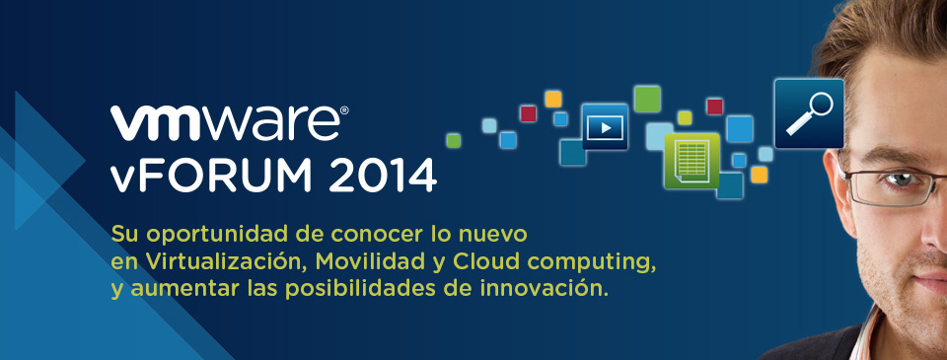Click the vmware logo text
pos(225,124)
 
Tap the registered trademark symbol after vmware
pos(344,110)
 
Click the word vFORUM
pos(211,176)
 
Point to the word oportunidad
pos(213,235)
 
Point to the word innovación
pos(545,289)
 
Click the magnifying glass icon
pos(809,113)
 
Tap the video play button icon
pos(605,127)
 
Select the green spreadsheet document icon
pos(692,160)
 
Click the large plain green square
pos(647,99)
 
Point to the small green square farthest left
pos(453,140)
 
